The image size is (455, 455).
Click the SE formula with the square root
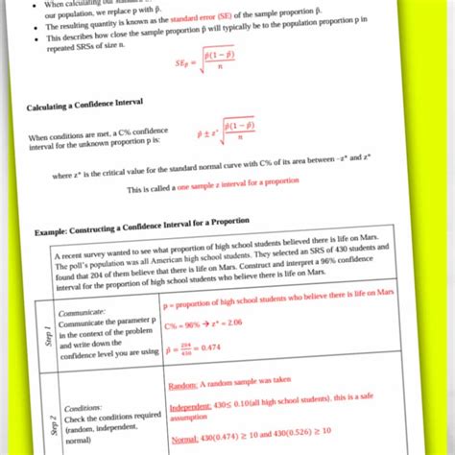[x=205, y=63]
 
